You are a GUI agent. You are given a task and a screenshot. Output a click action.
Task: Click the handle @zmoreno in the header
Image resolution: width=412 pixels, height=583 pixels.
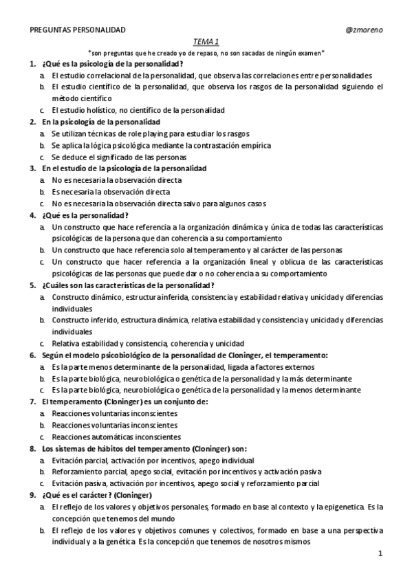coord(365,30)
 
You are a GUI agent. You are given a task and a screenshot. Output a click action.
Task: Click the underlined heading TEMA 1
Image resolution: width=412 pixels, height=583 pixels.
coord(206,41)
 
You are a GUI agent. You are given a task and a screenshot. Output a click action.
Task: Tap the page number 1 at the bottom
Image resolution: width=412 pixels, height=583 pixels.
coord(380,553)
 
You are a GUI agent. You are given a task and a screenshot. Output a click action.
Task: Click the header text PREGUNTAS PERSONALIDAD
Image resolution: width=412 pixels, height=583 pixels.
coord(78,30)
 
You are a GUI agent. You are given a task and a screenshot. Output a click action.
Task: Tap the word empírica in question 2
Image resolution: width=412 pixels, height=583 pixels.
coord(254,145)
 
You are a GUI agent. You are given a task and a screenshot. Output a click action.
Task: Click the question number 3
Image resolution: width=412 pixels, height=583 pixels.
coord(32,168)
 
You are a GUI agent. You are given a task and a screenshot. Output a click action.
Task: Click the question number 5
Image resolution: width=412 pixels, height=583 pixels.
coord(32,285)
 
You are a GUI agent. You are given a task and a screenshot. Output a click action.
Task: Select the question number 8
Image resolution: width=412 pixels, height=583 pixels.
coord(32,448)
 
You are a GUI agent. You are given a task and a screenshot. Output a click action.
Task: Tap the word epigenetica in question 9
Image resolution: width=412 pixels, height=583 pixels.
coord(342,507)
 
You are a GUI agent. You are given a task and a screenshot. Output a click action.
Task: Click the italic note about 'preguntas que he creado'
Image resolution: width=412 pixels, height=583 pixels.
coord(206,52)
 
